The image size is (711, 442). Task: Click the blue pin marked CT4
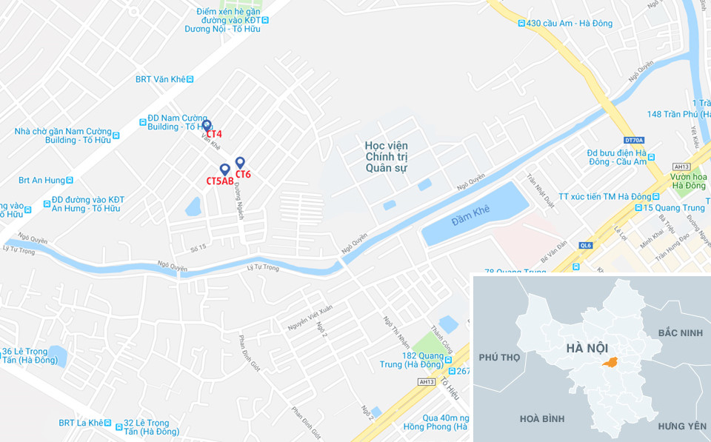207,126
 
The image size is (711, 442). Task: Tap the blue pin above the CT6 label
240,163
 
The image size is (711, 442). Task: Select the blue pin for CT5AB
224,170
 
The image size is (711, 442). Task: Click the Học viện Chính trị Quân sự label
387,157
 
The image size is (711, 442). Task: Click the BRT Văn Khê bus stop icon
190,79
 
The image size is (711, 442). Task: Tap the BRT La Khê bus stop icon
108,423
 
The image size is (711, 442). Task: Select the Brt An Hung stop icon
71,180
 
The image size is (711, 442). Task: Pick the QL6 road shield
586,245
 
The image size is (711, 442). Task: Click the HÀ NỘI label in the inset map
588,348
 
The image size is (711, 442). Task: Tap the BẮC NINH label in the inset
680,333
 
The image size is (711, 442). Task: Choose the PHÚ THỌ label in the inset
499,358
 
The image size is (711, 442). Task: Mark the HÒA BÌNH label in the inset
542,419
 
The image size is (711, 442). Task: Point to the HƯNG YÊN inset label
681,426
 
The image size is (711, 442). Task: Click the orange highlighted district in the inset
610,362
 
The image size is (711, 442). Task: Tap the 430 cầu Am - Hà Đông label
569,24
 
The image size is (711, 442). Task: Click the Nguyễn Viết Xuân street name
310,318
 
